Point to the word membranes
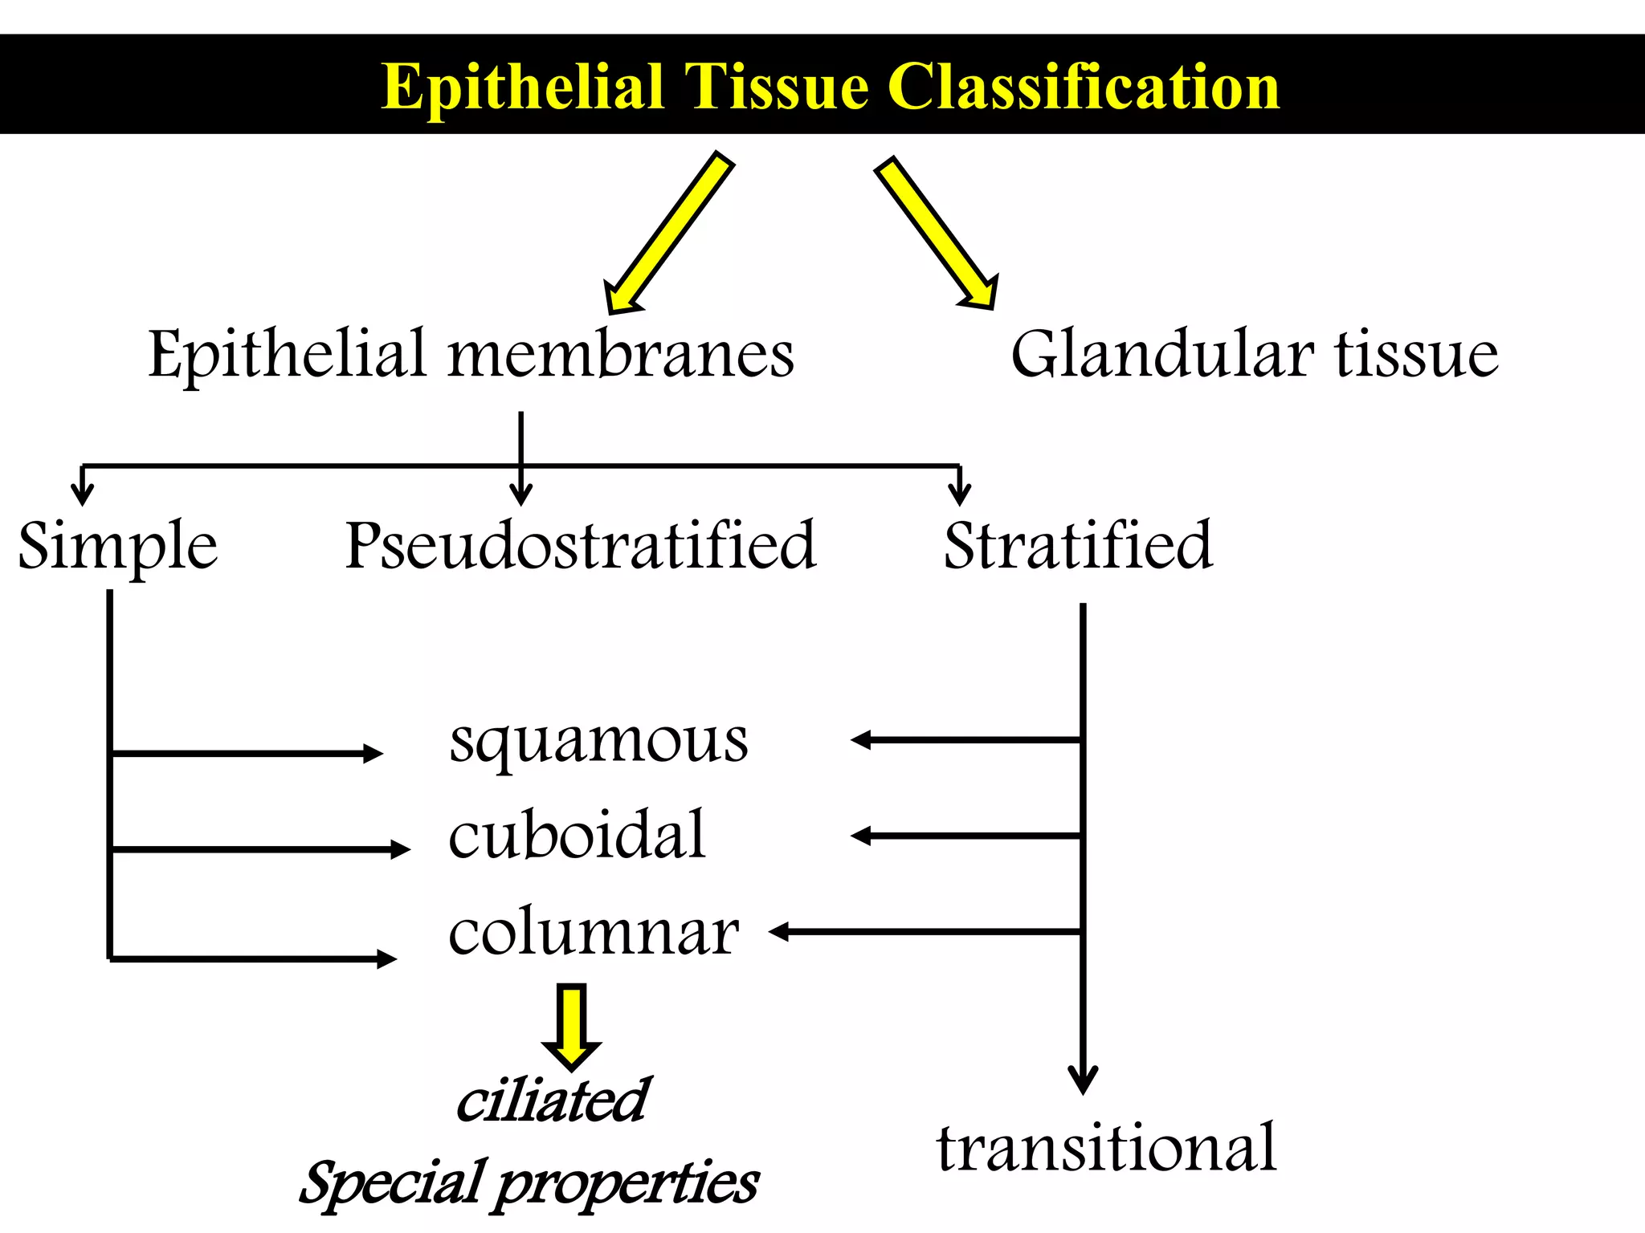pyautogui.click(x=621, y=355)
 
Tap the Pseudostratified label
pyautogui.click(x=581, y=546)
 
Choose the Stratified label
pyautogui.click(x=1078, y=546)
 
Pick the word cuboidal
pyautogui.click(x=577, y=835)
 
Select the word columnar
pyautogui.click(x=594, y=933)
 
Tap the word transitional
pyautogui.click(x=1106, y=1148)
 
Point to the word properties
pyautogui.click(x=627, y=1185)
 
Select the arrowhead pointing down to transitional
pyautogui.click(x=1083, y=1079)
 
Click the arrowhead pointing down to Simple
pyautogui.click(x=83, y=493)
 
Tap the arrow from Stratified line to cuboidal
pyautogui.click(x=964, y=836)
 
